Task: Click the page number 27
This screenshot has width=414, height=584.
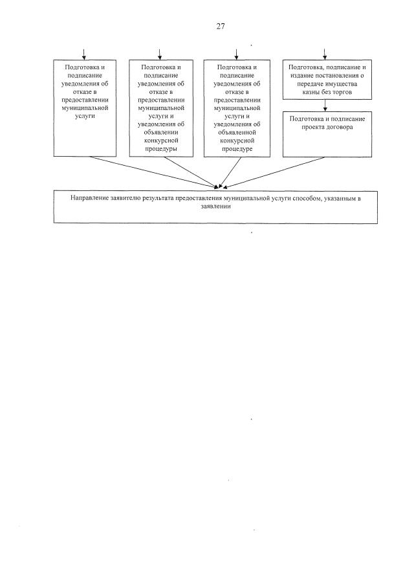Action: click(x=221, y=27)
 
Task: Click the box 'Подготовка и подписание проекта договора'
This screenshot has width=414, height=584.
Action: click(x=327, y=133)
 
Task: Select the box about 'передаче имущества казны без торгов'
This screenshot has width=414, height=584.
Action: click(x=327, y=79)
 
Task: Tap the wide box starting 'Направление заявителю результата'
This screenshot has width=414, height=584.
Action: click(x=216, y=206)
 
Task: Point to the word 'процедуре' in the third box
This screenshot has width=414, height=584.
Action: click(x=235, y=148)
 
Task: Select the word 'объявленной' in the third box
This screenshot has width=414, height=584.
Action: click(x=235, y=131)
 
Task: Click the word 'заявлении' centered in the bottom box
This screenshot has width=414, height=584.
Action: click(x=216, y=207)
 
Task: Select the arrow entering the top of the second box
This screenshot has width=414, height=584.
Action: click(x=160, y=54)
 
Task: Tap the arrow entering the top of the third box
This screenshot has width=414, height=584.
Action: click(x=235, y=54)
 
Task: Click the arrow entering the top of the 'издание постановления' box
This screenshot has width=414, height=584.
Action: click(x=325, y=54)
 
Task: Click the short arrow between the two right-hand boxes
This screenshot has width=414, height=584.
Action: click(x=325, y=105)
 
